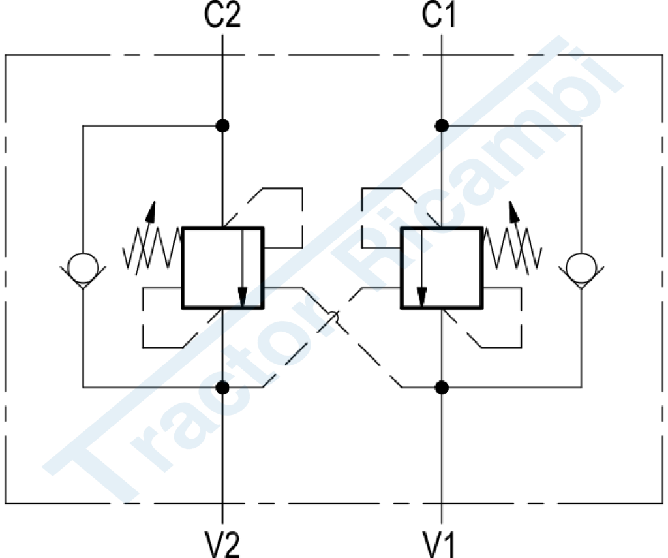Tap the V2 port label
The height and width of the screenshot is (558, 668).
click(x=222, y=544)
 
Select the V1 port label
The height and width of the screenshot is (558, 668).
click(x=439, y=544)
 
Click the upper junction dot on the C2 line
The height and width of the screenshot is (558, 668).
click(x=222, y=126)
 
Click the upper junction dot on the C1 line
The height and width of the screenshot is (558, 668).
click(x=442, y=126)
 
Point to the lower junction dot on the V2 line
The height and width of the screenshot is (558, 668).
click(x=222, y=388)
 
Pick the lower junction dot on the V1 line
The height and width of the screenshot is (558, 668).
click(x=442, y=388)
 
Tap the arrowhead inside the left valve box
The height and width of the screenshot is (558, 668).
click(x=243, y=297)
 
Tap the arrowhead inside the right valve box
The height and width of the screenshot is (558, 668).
click(x=422, y=297)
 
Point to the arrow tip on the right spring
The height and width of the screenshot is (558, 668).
click(x=510, y=202)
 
